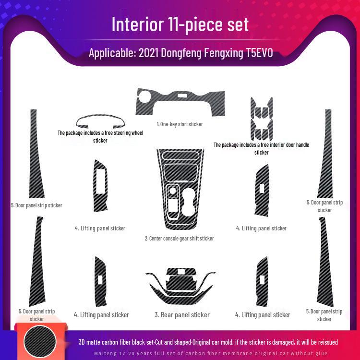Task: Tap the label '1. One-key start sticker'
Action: coord(180,124)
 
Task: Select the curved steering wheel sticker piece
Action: coord(100,121)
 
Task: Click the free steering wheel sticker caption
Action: coord(100,137)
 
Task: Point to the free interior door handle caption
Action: coord(261,148)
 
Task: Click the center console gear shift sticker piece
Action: coord(180,190)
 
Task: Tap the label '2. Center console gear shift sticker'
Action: coord(180,238)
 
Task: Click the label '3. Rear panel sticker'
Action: coord(182,315)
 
